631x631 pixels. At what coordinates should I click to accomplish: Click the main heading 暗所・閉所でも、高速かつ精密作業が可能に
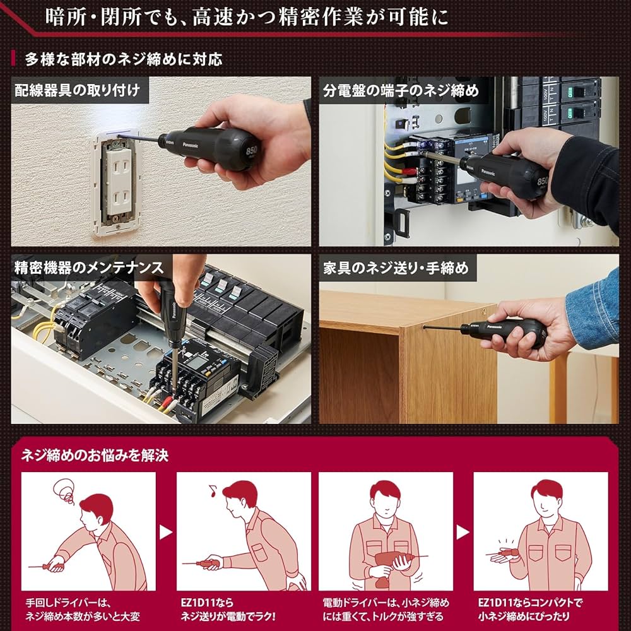[247, 16]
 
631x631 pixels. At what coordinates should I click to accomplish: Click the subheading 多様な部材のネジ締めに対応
[123, 59]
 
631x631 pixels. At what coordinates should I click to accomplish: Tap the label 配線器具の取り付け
[77, 90]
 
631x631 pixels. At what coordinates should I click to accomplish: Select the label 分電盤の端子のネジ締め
[401, 90]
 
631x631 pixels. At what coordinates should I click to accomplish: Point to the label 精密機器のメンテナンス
[88, 267]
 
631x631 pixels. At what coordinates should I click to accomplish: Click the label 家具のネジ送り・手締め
[396, 268]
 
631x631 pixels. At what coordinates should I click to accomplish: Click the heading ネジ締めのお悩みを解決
[95, 455]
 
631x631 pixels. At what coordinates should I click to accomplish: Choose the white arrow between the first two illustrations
[165, 532]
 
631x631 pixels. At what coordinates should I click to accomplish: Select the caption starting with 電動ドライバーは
[385, 609]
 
